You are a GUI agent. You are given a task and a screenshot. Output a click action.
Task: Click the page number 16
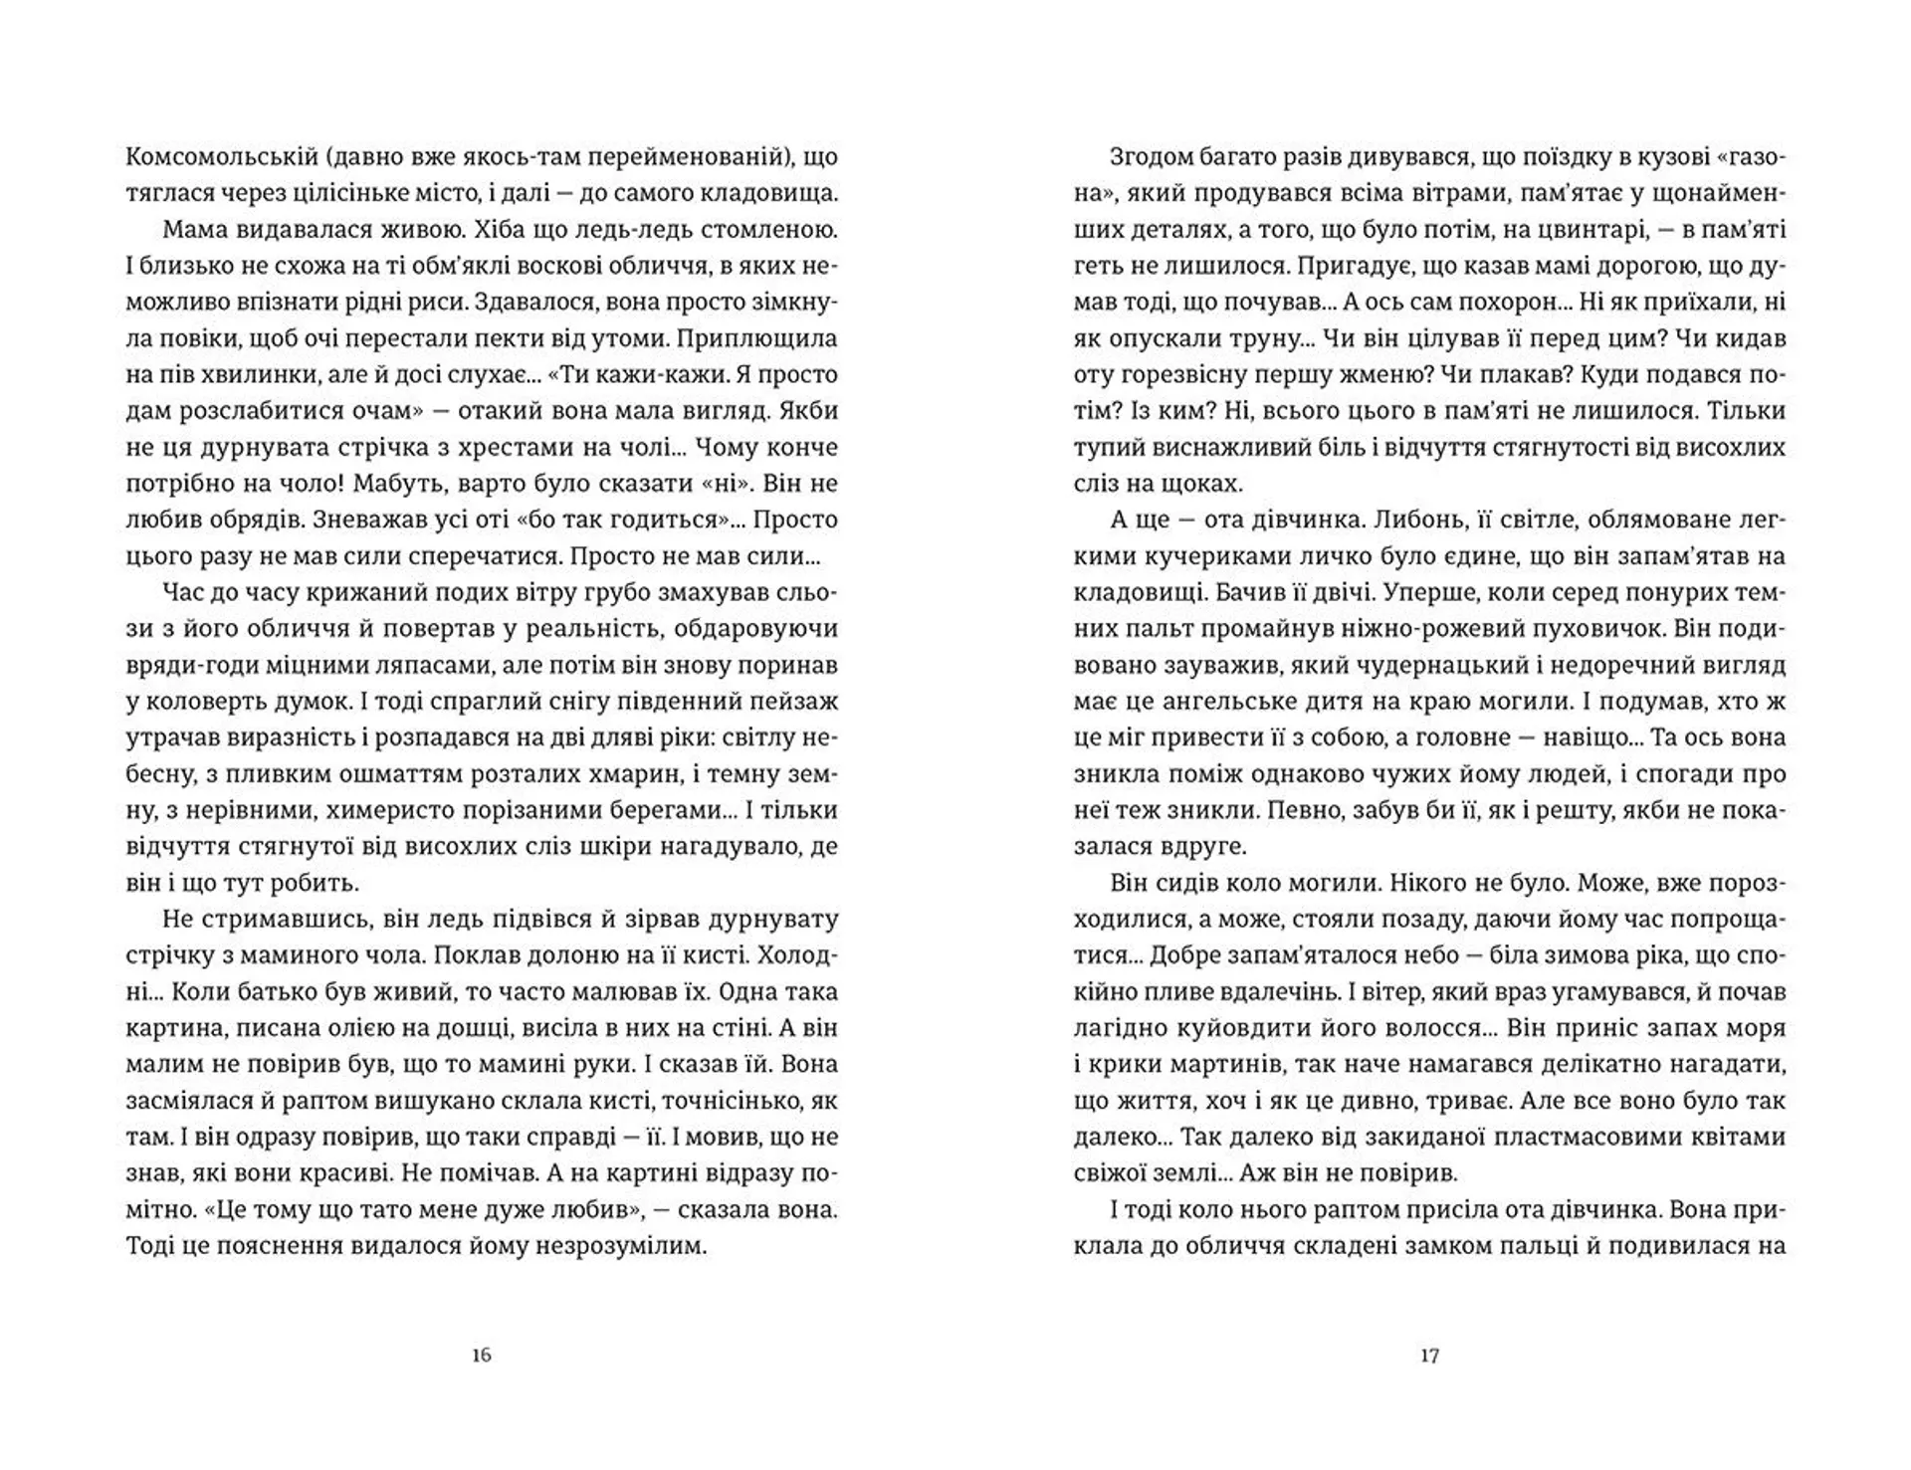point(482,1356)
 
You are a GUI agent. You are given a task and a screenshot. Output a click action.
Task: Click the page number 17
point(1429,1356)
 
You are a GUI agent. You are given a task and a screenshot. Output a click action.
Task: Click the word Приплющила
point(757,338)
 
